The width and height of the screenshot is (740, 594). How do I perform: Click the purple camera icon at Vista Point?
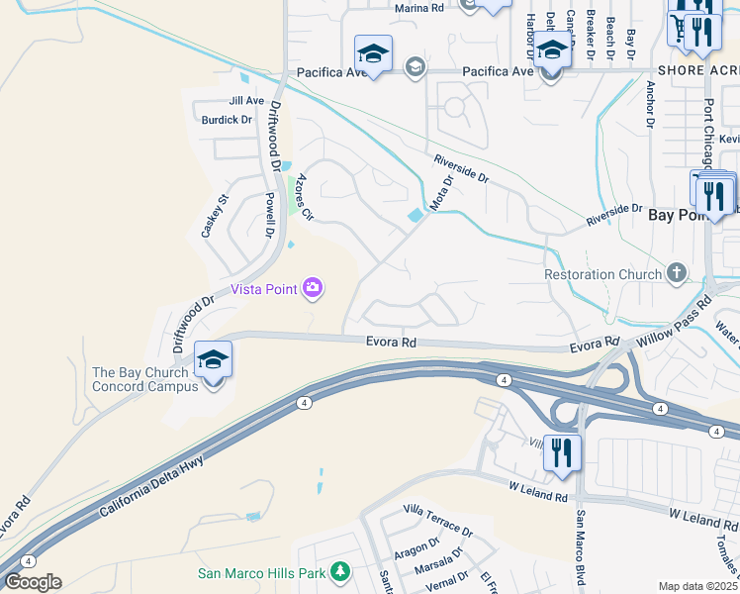(314, 288)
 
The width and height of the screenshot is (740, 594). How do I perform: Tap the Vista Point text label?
(266, 289)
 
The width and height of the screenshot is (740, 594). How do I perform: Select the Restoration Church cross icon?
(677, 272)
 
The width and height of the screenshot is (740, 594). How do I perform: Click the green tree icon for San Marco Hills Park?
(340, 572)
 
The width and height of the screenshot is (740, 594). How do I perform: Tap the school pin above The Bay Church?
(213, 360)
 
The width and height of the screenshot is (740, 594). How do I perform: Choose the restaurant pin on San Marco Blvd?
(562, 453)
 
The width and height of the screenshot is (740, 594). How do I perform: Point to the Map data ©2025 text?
(696, 586)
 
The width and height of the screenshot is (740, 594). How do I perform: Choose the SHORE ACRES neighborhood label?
(696, 70)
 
